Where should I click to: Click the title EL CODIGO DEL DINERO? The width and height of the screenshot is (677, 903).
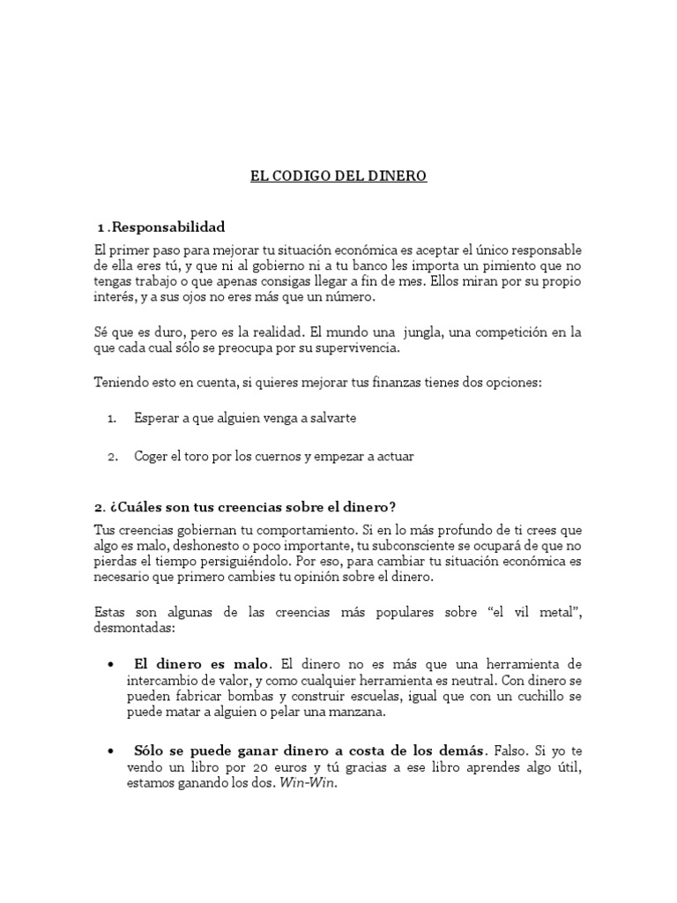338,176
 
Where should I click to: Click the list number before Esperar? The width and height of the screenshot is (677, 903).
112,418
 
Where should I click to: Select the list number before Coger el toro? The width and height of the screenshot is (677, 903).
112,457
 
